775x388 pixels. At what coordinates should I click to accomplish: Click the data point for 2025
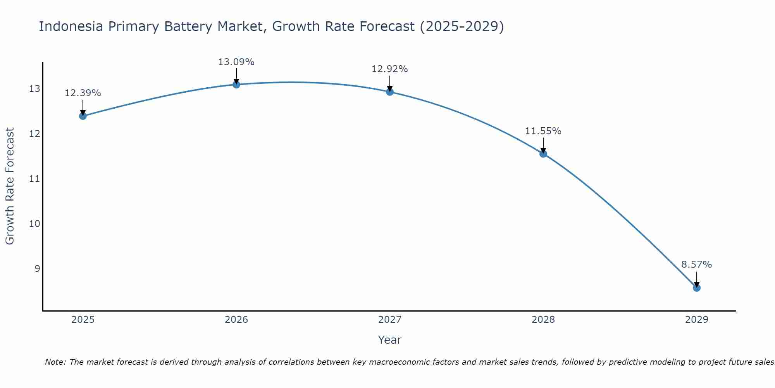tap(83, 116)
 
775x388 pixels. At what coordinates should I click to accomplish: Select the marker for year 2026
tap(236, 84)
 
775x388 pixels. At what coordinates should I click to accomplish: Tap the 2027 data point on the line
tap(390, 92)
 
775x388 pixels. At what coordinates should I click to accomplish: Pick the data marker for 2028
tap(543, 154)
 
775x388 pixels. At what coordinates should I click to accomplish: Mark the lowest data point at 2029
tap(696, 288)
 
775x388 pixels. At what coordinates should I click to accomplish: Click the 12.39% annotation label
tap(83, 93)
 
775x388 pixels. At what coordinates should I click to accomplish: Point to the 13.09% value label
tap(236, 62)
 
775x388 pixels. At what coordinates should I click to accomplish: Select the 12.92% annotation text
tap(389, 69)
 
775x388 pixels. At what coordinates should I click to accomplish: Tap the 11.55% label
tap(543, 131)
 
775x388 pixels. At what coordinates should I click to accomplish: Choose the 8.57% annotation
tap(696, 265)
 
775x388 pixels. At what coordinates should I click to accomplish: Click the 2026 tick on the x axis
tap(236, 320)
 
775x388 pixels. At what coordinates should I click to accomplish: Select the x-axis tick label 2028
tap(543, 320)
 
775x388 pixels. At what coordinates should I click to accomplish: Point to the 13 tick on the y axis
tap(34, 89)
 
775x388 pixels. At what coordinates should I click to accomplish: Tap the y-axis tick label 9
tap(37, 268)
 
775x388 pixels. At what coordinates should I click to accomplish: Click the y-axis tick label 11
tap(34, 179)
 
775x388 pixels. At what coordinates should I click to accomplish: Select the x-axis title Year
tap(389, 340)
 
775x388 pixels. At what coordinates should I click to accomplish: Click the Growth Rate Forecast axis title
tap(10, 186)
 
